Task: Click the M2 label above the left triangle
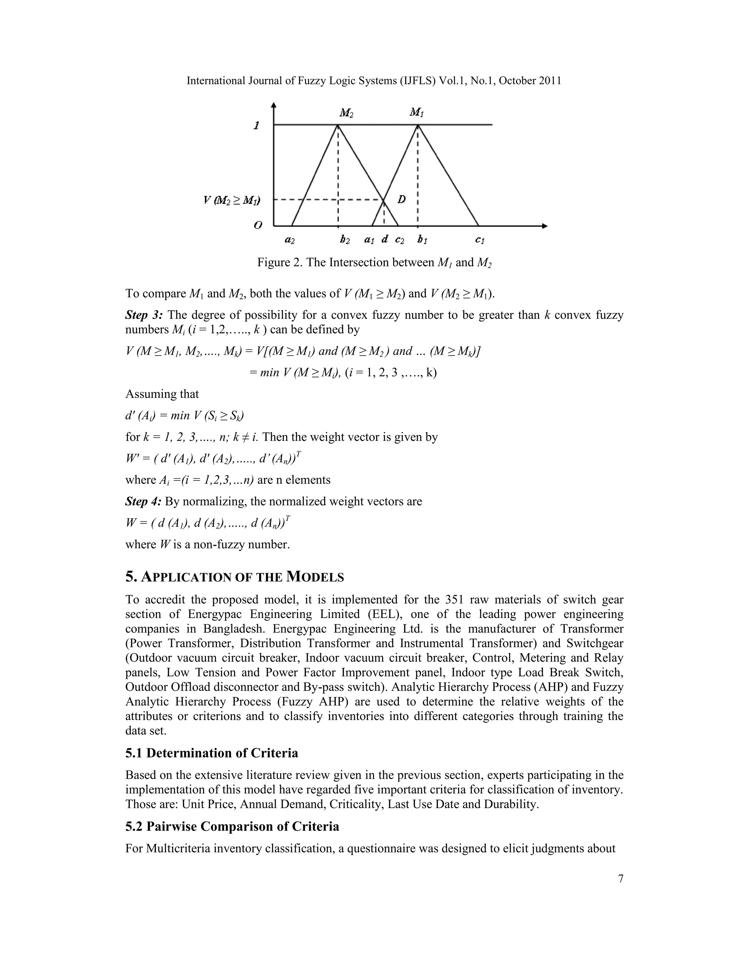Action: pyautogui.click(x=346, y=113)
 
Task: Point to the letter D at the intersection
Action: pyautogui.click(x=401, y=200)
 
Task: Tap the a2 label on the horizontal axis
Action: pyautogui.click(x=290, y=240)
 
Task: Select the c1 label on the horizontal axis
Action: pyautogui.click(x=480, y=240)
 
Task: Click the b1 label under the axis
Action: pyautogui.click(x=422, y=240)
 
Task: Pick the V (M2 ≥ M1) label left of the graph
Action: pyautogui.click(x=232, y=200)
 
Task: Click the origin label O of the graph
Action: pyautogui.click(x=257, y=225)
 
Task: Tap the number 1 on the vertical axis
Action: pyautogui.click(x=256, y=125)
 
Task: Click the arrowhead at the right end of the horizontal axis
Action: pyautogui.click(x=544, y=226)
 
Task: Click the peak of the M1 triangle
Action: pyautogui.click(x=417, y=125)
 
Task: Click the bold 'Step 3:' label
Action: pyautogui.click(x=144, y=315)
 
